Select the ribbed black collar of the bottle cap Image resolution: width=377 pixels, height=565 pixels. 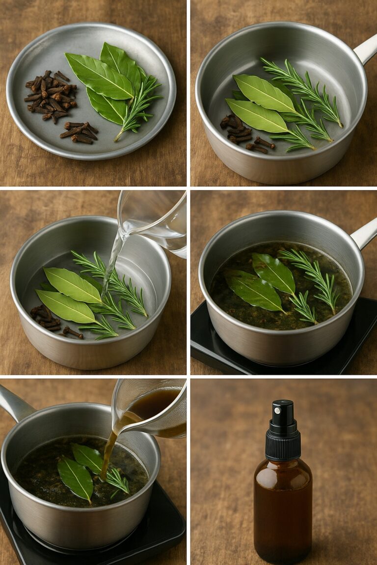tap(283, 445)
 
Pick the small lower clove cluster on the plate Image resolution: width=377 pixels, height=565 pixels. tap(80, 132)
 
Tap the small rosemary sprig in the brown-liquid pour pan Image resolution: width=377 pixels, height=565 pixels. tap(118, 480)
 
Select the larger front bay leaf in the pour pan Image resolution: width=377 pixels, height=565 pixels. tap(75, 479)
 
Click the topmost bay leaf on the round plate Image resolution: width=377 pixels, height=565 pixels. tap(120, 61)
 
